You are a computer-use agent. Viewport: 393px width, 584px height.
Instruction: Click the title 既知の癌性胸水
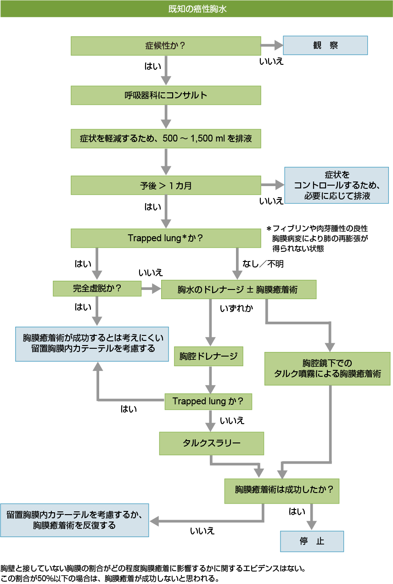coord(196,9)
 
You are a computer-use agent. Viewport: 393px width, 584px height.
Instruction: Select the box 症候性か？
coord(166,45)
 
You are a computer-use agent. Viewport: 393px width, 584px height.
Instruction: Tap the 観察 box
coord(325,45)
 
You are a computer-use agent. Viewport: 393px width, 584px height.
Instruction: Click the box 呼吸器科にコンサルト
coord(166,96)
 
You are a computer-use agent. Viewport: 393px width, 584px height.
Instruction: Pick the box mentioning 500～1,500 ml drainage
coord(166,138)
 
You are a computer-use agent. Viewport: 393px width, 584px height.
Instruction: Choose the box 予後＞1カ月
coord(166,186)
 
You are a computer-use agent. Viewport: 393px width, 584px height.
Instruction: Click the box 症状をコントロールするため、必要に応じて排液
coord(337,186)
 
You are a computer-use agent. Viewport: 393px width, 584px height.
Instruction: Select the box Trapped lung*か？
coord(166,238)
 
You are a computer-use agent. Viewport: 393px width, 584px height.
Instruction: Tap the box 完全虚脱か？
coord(97,289)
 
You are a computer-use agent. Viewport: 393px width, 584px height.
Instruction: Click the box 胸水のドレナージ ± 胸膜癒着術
coord(238,290)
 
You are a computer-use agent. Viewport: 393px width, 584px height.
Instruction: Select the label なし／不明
coord(263,264)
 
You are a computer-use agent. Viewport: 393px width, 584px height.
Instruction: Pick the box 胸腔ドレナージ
coord(208,356)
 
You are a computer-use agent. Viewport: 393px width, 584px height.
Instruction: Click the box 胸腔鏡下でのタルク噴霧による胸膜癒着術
coord(327,369)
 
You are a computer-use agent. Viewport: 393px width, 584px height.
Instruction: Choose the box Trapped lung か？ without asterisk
coord(208,401)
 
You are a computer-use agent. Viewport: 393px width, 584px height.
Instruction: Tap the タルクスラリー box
coord(211,443)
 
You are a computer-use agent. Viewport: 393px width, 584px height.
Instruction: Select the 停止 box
coord(312,541)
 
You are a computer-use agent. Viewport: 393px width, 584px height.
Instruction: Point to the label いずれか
coord(236,308)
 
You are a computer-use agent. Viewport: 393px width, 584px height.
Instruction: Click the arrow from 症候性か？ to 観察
coord(272,45)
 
